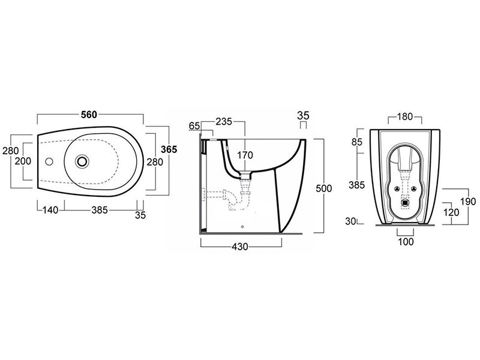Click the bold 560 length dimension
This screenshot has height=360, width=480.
point(89,115)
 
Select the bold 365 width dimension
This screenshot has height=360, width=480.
point(169,149)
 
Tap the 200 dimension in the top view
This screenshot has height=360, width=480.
point(23,161)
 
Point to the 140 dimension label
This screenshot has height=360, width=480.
point(50,210)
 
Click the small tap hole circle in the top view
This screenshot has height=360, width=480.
point(49,161)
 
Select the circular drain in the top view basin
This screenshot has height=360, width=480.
point(83,161)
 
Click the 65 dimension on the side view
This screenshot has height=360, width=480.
point(194,126)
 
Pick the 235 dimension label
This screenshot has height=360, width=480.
point(224,122)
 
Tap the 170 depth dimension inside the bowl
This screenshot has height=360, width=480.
point(245,155)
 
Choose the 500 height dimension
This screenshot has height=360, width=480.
point(324,188)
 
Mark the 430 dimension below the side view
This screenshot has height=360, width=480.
point(239,247)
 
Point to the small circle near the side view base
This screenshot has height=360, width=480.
point(242,227)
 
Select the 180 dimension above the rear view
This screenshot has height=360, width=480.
point(405,116)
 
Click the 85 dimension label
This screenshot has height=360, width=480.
point(357,142)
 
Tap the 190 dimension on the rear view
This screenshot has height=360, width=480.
point(469,202)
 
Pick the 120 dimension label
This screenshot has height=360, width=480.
point(451,212)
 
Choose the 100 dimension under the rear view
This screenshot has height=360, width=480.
point(406,242)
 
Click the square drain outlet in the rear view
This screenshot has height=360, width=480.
point(406,203)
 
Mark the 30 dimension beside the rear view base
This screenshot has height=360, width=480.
point(351,221)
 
